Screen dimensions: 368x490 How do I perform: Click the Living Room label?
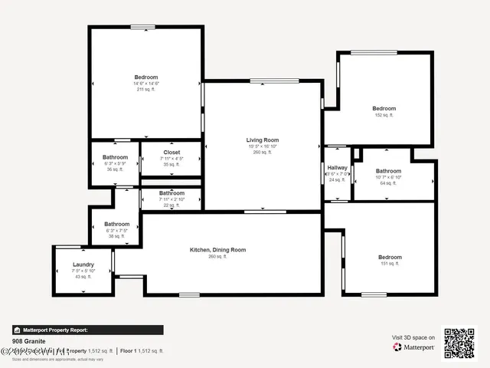tap(262, 140)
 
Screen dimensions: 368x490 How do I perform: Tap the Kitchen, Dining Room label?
tap(217, 250)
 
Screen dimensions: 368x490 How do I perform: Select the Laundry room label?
tap(83, 264)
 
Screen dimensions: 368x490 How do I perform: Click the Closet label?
tap(171, 153)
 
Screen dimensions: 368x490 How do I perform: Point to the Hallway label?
tap(337, 168)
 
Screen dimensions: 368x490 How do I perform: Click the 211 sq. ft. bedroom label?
tap(145, 77)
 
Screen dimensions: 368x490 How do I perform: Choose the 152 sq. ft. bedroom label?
tap(384, 109)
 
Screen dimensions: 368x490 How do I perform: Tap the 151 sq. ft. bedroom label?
tap(390, 258)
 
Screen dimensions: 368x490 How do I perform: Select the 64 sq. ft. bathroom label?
tap(388, 172)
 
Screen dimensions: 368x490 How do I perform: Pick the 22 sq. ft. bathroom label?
tap(171, 194)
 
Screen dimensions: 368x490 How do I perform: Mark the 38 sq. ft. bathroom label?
tap(116, 225)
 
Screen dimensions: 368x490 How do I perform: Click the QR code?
tap(459, 343)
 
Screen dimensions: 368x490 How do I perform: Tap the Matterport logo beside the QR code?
tap(414, 347)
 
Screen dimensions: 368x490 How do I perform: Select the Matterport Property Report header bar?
tap(87, 330)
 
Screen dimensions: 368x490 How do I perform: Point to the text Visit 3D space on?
tap(413, 337)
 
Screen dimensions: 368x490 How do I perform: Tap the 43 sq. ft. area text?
tap(83, 277)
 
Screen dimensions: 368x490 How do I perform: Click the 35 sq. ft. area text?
tap(171, 165)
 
